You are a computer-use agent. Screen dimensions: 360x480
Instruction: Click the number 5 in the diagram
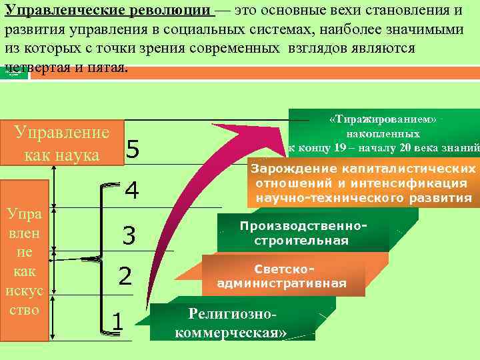click(x=132, y=150)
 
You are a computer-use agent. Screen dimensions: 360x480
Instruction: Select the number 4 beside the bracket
click(x=131, y=191)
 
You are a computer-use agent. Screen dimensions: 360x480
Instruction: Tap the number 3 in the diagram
click(x=129, y=235)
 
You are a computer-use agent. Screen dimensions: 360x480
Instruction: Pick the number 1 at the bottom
click(x=117, y=321)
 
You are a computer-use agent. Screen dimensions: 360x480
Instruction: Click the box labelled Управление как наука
click(x=61, y=142)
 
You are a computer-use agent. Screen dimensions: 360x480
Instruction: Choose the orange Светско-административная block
click(x=282, y=276)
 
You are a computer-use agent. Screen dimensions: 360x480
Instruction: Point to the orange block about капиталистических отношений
click(x=363, y=183)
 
